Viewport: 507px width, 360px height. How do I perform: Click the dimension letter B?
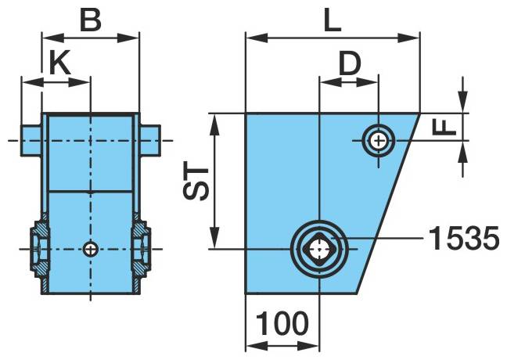click(90, 20)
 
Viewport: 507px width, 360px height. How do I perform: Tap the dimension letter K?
click(59, 63)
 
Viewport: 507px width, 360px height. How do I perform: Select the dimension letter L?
click(333, 21)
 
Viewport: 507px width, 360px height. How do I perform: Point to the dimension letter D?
click(350, 63)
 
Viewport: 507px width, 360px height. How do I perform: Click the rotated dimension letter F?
click(444, 127)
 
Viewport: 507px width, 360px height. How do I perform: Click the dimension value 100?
click(282, 323)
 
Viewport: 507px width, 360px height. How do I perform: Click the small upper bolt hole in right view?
click(378, 141)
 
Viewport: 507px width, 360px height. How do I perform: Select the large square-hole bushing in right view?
click(319, 249)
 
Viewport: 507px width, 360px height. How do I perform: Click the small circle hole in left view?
click(91, 249)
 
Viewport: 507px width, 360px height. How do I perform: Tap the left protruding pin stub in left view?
click(31, 141)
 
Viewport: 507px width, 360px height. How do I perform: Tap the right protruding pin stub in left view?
click(150, 141)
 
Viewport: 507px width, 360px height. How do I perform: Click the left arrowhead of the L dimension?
click(257, 38)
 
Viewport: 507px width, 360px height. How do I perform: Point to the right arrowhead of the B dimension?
click(128, 38)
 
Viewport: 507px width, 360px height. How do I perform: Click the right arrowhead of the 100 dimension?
click(308, 347)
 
